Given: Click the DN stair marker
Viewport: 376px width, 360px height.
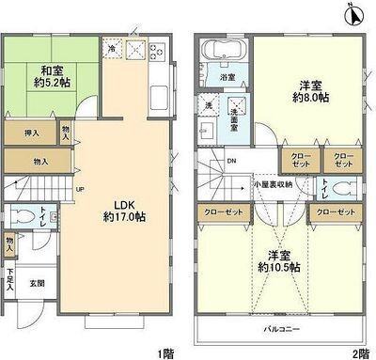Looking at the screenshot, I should point(232,161).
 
